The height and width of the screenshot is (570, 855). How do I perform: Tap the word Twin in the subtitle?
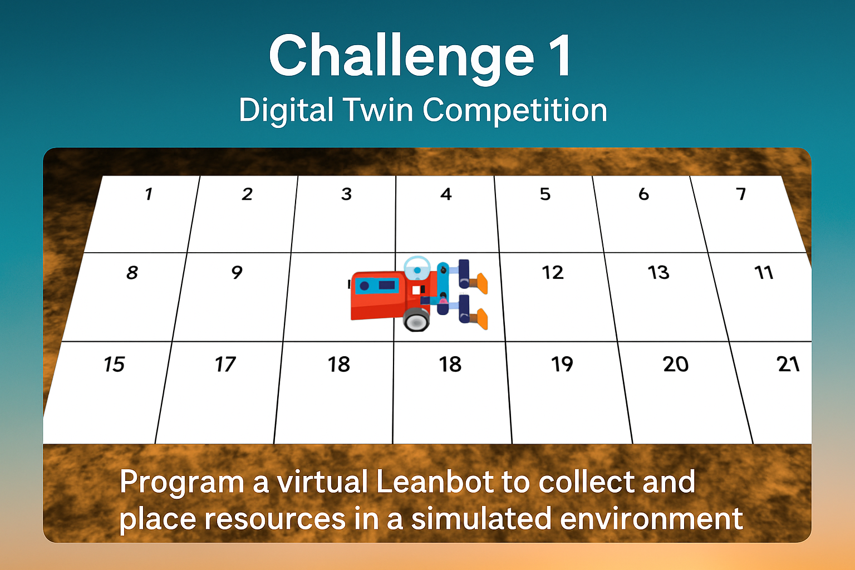(x=378, y=110)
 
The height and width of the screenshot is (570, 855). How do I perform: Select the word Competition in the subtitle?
(x=515, y=111)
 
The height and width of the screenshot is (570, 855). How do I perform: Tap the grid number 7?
(x=741, y=194)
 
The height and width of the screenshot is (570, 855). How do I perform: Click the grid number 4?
(x=446, y=194)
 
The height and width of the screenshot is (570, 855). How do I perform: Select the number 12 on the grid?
(x=552, y=273)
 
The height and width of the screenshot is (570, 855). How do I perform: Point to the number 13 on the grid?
(x=659, y=273)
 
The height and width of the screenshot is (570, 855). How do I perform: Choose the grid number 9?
(x=237, y=272)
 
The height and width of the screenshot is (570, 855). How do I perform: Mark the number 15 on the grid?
(x=114, y=364)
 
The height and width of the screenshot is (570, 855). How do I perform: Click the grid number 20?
(x=676, y=364)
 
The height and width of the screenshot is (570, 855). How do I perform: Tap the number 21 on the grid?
(x=788, y=364)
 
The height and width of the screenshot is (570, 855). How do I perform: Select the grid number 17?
(x=225, y=364)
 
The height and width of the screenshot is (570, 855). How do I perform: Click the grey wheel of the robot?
(x=416, y=321)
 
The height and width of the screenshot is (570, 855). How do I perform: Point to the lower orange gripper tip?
(x=481, y=319)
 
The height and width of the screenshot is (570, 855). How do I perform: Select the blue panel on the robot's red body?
(x=377, y=286)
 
